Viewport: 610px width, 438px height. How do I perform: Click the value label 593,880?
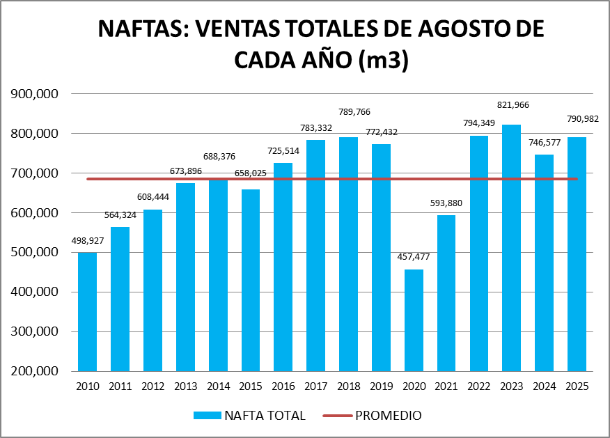(x=447, y=203)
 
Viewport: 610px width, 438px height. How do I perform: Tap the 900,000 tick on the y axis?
(x=42, y=94)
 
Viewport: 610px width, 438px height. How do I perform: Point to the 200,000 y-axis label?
(x=42, y=371)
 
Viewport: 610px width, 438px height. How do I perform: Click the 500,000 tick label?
(x=42, y=252)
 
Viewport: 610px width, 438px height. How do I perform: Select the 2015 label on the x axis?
(x=251, y=386)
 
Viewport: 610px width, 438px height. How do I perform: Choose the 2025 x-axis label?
(x=577, y=386)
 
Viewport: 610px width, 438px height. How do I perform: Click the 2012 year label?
(x=153, y=386)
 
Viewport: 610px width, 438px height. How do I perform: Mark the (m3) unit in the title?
(x=382, y=61)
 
